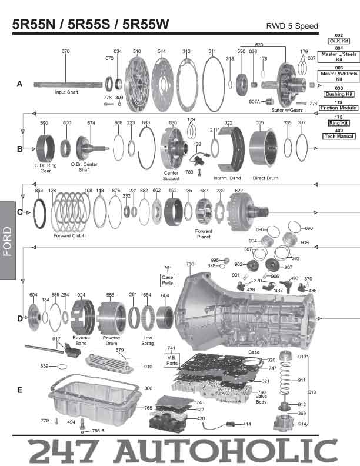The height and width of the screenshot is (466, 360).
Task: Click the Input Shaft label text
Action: click(68, 92)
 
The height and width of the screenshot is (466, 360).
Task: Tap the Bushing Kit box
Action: click(338, 94)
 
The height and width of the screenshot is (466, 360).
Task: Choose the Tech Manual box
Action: click(338, 136)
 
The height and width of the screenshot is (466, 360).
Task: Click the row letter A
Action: click(19, 85)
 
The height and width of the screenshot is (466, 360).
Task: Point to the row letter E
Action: click(19, 390)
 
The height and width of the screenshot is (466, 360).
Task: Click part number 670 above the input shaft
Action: click(65, 52)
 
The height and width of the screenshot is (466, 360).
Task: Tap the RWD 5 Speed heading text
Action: click(292, 26)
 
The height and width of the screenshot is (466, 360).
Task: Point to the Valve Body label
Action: click(262, 399)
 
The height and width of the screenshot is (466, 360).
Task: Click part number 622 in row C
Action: click(238, 191)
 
